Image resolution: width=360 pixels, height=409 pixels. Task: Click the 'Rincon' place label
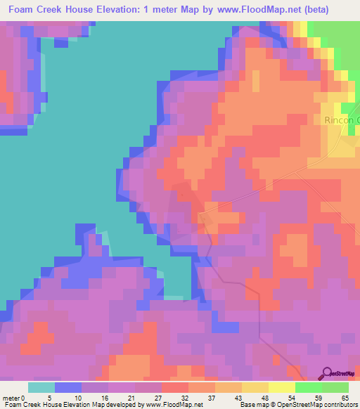coord(341,120)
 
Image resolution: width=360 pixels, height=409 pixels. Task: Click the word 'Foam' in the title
coord(22,11)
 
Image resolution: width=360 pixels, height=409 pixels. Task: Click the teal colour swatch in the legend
coord(41,387)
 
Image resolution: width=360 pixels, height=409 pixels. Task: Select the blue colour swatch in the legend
coord(68,387)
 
